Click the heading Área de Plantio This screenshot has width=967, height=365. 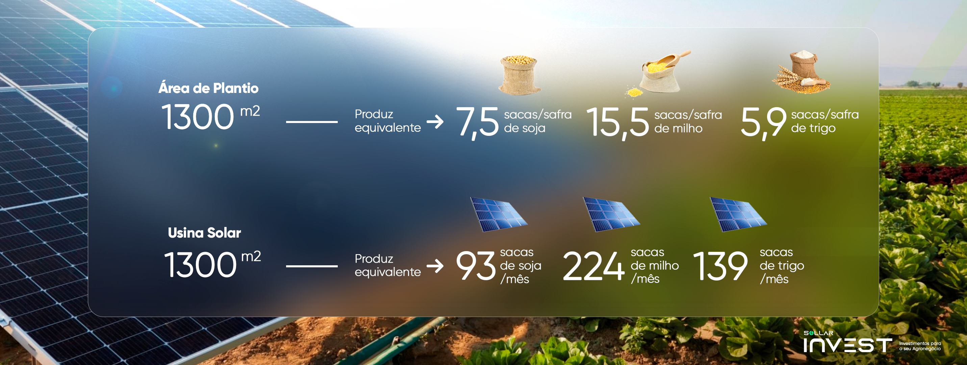click(x=208, y=88)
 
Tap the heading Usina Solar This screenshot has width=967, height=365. click(x=204, y=233)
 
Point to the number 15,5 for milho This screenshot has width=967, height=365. click(x=617, y=122)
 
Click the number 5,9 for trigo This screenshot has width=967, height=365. click(x=764, y=122)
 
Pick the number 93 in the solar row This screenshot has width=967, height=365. click(x=476, y=266)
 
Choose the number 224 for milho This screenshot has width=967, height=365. click(x=593, y=266)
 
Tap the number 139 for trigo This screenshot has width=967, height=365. click(x=720, y=266)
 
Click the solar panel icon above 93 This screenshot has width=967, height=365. click(x=499, y=214)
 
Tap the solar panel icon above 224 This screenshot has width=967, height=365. click(x=611, y=214)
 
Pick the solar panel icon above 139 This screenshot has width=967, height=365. click(x=738, y=214)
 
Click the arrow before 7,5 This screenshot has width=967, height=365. click(x=435, y=122)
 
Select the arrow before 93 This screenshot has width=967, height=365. click(x=435, y=266)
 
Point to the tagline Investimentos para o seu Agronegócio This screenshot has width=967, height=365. click(x=920, y=346)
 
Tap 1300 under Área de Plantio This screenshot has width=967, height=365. click(x=198, y=117)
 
